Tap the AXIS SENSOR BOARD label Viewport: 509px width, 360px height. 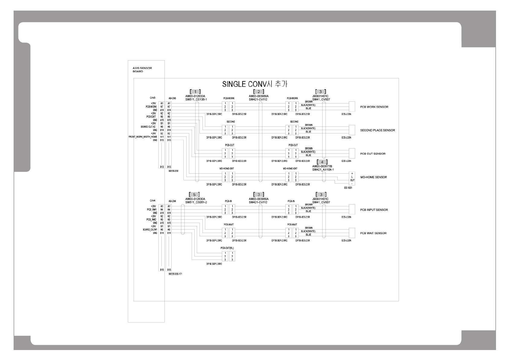click(142, 70)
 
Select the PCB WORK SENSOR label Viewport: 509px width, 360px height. click(374, 107)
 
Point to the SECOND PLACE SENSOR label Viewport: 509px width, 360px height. click(377, 130)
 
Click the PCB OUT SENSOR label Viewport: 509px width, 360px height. click(373, 154)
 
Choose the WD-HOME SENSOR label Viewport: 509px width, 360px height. click(373, 177)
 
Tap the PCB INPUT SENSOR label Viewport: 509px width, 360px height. click(374, 210)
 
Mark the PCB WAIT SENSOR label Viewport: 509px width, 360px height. click(373, 233)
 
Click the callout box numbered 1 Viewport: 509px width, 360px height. click(195, 91)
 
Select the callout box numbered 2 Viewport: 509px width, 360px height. click(258, 91)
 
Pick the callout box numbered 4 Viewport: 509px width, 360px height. click(322, 162)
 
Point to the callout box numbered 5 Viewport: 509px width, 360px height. click(194, 195)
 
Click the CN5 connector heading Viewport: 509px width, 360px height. click(152, 98)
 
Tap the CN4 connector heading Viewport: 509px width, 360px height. click(152, 201)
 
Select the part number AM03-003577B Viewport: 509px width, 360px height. click(322, 166)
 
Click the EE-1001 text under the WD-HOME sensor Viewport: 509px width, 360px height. click(348, 188)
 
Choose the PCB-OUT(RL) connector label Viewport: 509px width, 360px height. click(227, 248)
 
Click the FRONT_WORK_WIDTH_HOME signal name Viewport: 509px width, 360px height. click(143, 137)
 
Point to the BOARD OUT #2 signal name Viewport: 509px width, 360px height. click(148, 127)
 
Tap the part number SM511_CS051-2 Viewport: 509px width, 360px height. click(196, 202)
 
